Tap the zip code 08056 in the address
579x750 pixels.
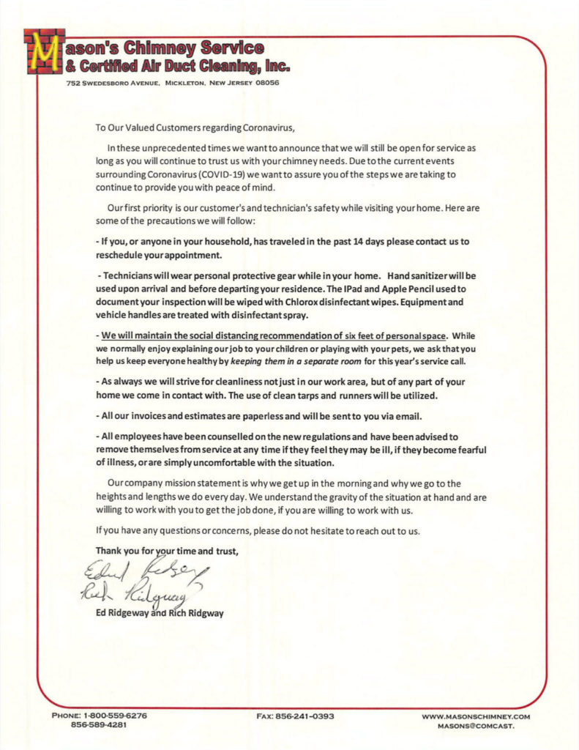[x=266, y=83]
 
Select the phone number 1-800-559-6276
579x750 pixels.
[x=110, y=716]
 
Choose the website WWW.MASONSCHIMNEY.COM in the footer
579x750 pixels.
[x=476, y=716]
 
